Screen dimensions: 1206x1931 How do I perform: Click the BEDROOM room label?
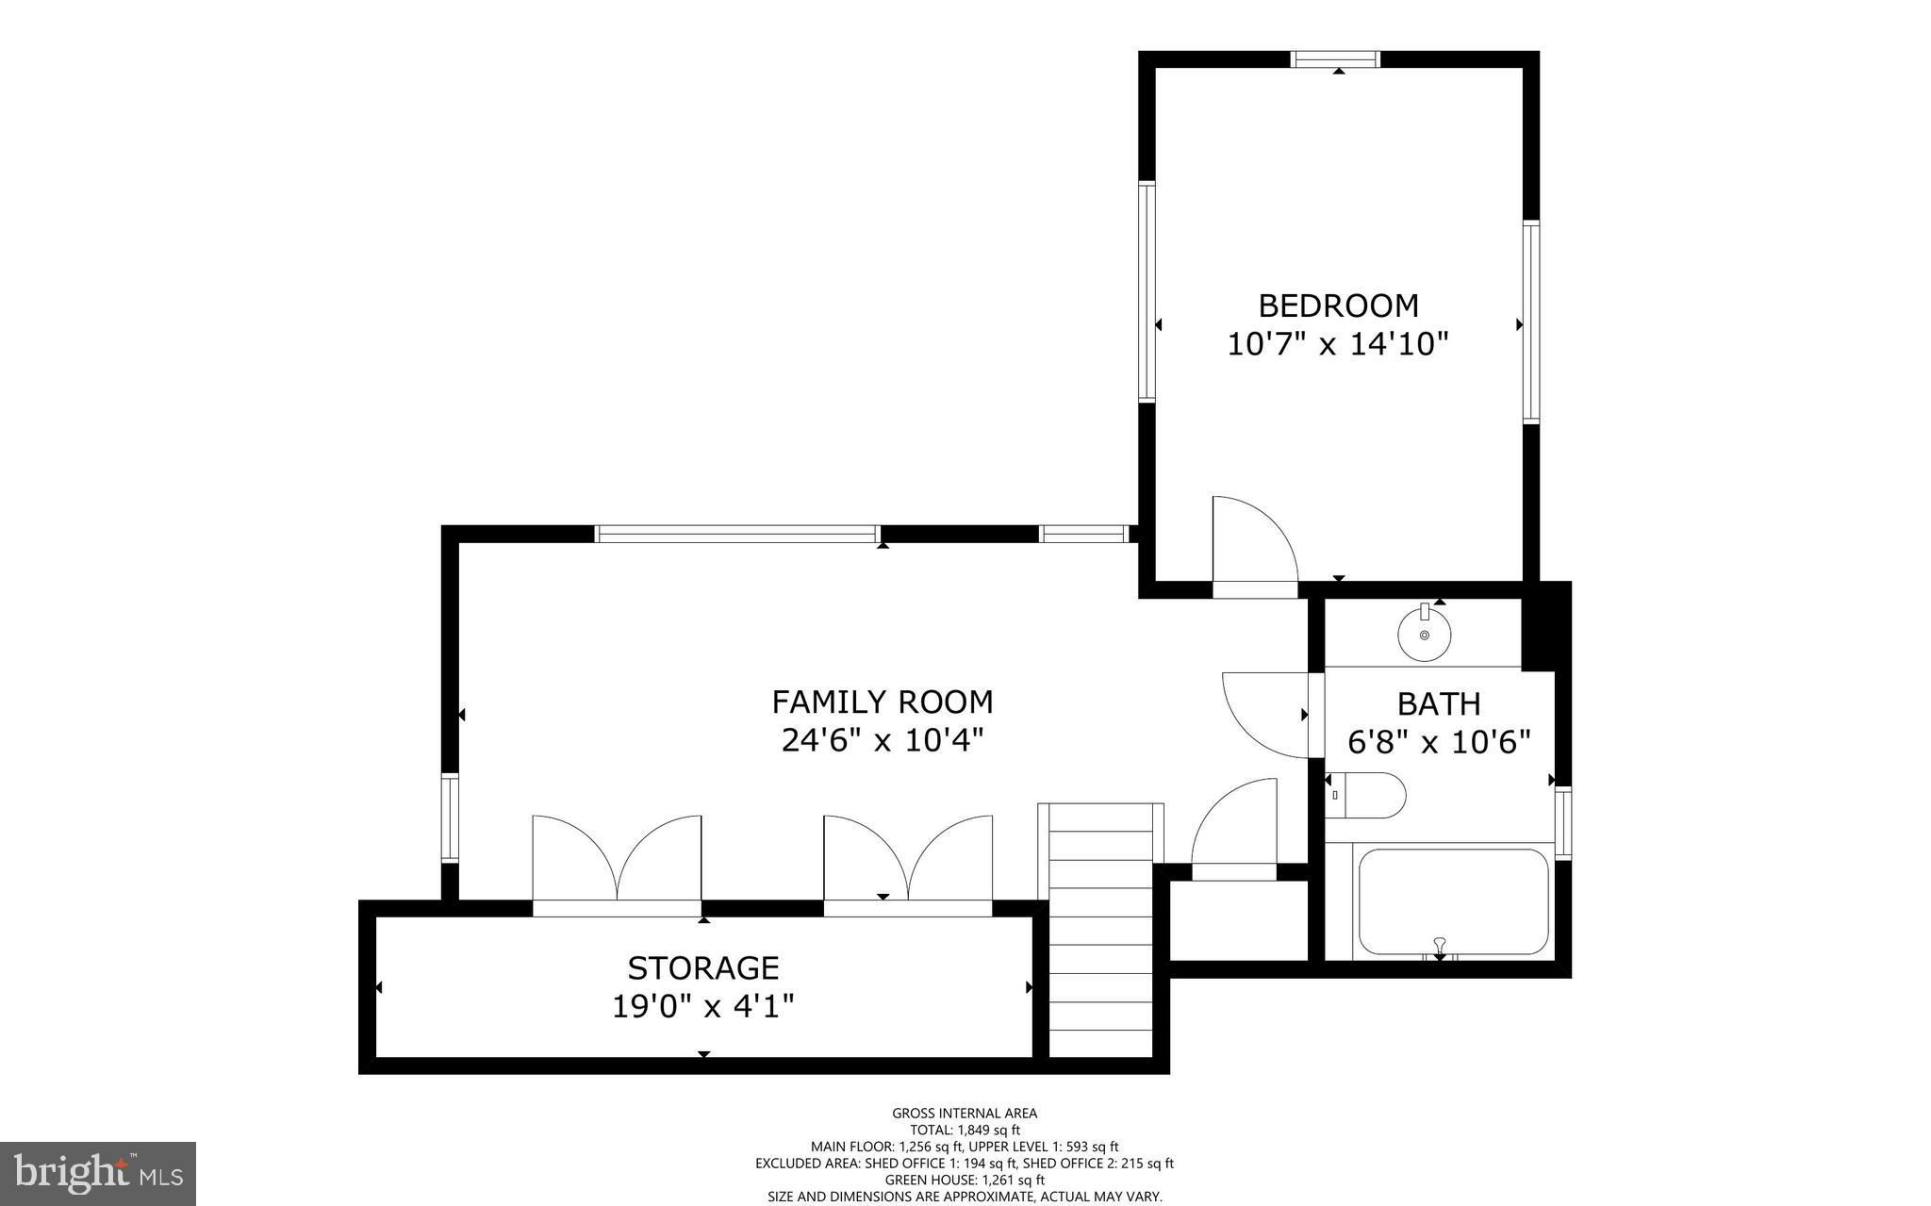click(x=1338, y=306)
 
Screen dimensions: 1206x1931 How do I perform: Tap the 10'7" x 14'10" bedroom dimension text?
click(x=1337, y=344)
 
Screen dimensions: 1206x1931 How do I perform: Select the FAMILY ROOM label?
click(x=883, y=702)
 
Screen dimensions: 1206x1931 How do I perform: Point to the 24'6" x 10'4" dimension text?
click(x=883, y=740)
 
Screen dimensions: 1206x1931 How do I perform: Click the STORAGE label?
click(x=703, y=968)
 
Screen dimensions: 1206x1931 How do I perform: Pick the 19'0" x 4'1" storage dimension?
click(x=703, y=1007)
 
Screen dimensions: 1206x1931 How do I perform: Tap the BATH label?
click(x=1439, y=704)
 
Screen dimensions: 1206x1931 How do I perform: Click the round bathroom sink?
click(x=1425, y=634)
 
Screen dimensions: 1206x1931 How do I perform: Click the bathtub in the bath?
click(x=1453, y=902)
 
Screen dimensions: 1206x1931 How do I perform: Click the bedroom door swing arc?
click(x=1254, y=542)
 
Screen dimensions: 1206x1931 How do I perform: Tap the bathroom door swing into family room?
click(x=1263, y=715)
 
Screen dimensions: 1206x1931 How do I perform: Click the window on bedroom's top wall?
click(x=1335, y=59)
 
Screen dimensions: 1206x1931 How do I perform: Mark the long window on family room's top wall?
click(x=737, y=534)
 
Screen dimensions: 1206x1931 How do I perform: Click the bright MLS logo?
click(x=98, y=1174)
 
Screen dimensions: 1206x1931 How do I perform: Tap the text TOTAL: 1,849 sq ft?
click(x=965, y=1130)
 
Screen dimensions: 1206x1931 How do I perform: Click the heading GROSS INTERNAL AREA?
click(x=965, y=1114)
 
